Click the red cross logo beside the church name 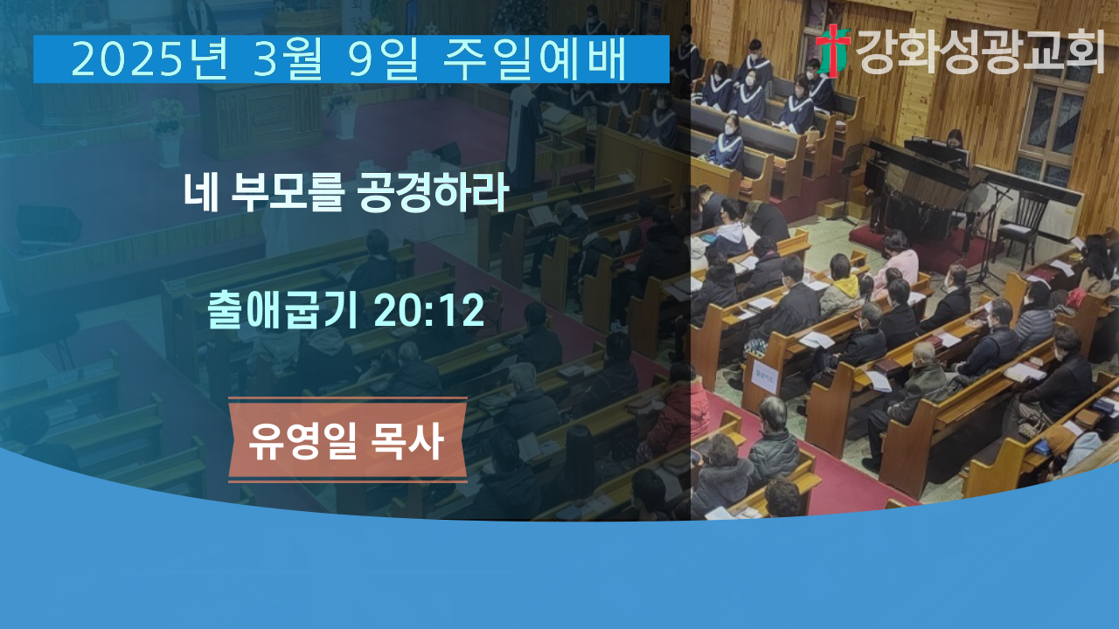point(833,50)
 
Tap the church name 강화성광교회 point(980,51)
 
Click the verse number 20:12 point(429,310)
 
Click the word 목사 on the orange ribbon point(407,440)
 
